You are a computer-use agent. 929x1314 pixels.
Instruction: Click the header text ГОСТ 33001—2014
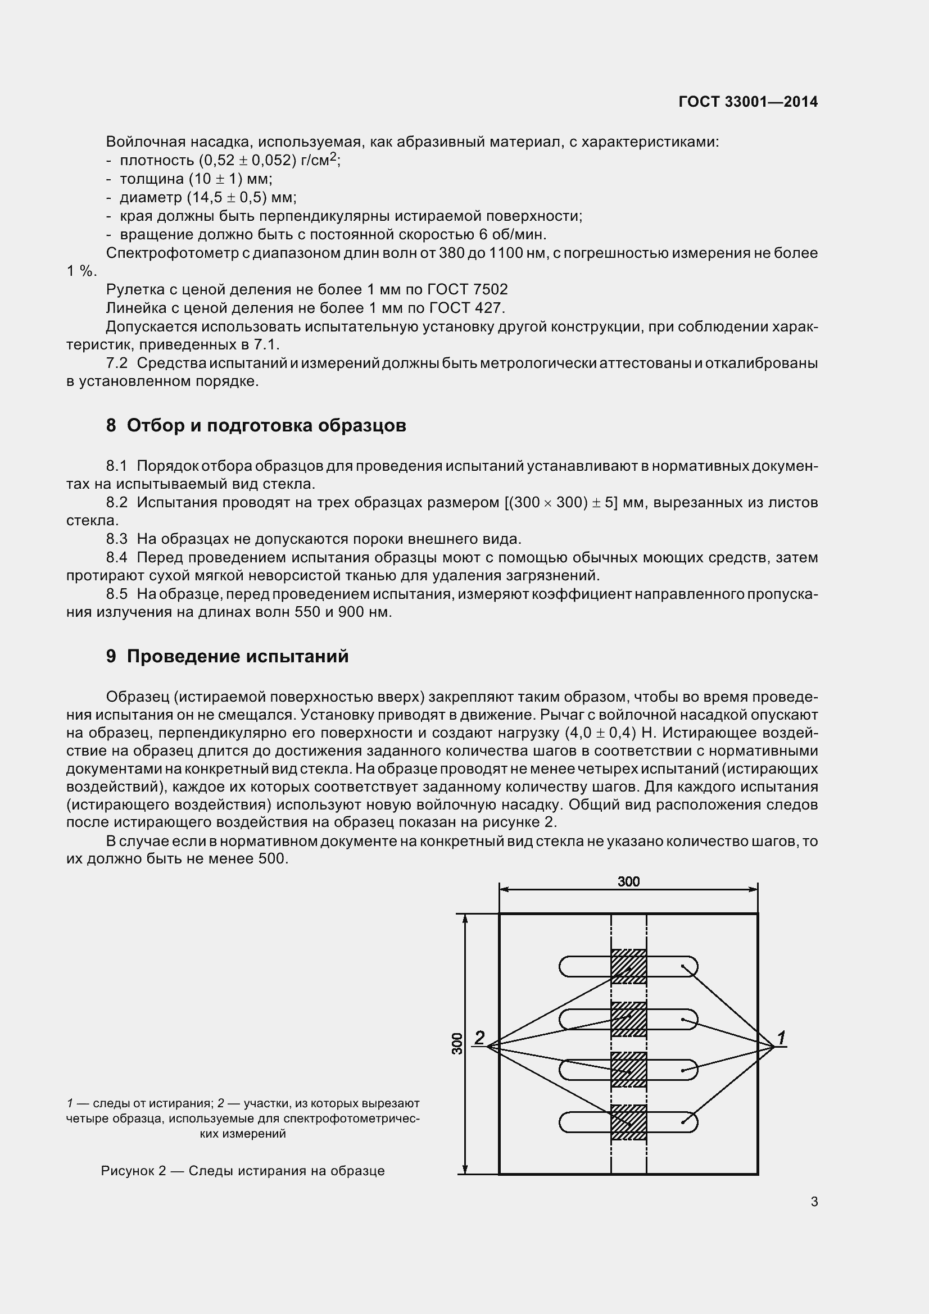[x=747, y=102]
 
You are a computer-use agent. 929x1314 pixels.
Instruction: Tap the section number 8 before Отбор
[x=111, y=425]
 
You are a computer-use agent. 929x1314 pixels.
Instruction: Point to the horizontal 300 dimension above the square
[x=628, y=882]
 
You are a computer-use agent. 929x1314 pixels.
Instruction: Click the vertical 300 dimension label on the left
[x=457, y=1044]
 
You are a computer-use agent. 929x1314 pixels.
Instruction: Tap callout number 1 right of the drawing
[x=781, y=1036]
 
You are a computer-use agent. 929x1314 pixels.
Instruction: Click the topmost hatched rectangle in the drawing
[x=628, y=967]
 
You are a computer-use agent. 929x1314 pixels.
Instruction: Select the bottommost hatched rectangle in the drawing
[x=628, y=1122]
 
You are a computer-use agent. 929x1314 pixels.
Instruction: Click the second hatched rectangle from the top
[x=628, y=1019]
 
